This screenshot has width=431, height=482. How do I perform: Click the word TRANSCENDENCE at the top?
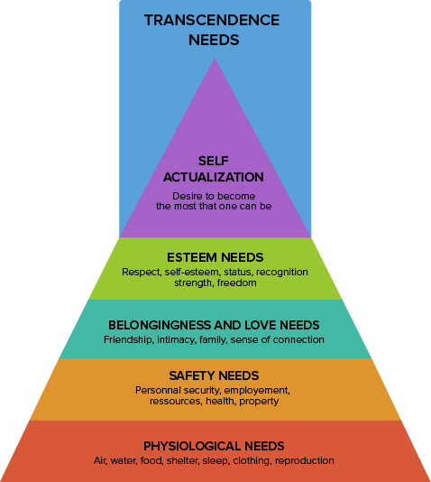coord(212,20)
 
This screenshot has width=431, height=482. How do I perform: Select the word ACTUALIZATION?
coord(214,177)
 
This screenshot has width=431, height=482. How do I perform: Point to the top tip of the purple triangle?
coord(215,58)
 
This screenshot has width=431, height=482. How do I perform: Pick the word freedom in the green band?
coord(236,283)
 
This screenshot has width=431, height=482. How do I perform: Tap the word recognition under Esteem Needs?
coord(282,272)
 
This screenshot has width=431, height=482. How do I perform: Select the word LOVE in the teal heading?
coord(261,325)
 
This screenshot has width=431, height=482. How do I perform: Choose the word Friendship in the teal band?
coord(128,339)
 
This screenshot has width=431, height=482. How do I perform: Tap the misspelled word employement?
coord(257,391)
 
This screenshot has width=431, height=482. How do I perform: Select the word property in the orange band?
coord(259,401)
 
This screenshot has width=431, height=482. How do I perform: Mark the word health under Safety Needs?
coord(220,401)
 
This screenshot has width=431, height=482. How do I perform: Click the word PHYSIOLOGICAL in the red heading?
coord(192,446)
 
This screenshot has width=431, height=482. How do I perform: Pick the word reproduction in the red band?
coord(304,461)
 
